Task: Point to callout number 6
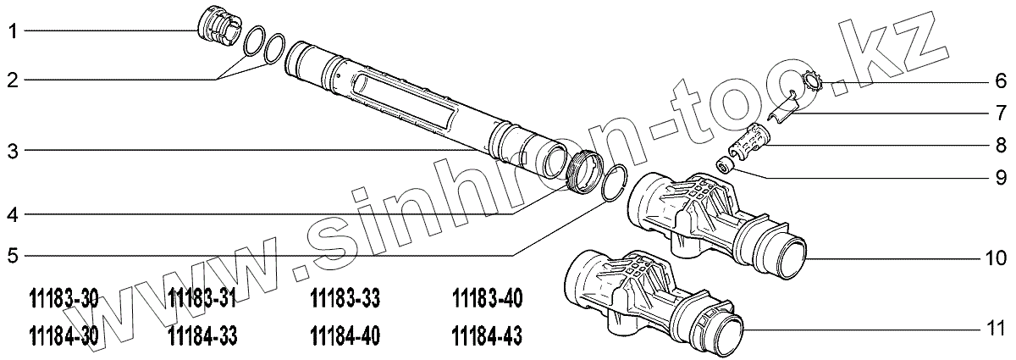(1000, 81)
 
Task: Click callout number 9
(1000, 178)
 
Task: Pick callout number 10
(996, 256)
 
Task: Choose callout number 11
(996, 327)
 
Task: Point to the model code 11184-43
(488, 336)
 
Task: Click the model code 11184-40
(345, 336)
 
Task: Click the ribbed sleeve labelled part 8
(751, 145)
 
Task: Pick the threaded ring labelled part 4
(584, 173)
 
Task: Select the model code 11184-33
(203, 336)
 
